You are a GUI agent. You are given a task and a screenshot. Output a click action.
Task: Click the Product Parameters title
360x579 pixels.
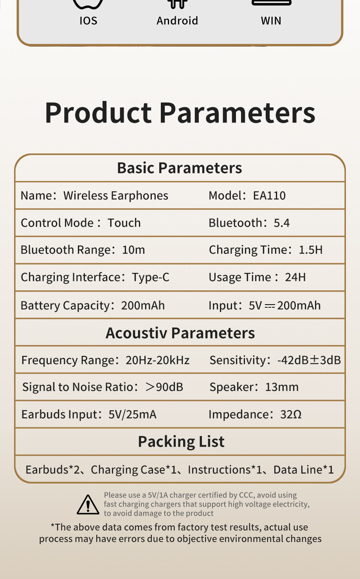point(180,113)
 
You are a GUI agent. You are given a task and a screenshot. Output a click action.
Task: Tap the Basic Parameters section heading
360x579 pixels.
point(180,168)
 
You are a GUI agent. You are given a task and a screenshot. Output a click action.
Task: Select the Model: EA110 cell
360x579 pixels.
point(247,195)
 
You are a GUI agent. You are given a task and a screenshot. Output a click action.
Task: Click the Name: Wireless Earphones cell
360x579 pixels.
point(94,195)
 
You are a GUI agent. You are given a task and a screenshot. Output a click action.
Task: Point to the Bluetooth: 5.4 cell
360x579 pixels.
point(249,223)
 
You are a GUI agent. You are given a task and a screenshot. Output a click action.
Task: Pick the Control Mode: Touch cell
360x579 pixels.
point(81,223)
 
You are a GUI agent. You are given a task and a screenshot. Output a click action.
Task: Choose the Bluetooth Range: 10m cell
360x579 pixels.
point(83,250)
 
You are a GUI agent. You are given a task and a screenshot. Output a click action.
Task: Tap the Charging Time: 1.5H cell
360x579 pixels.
point(266,250)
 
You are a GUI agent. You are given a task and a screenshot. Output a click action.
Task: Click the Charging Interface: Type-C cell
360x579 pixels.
point(95,277)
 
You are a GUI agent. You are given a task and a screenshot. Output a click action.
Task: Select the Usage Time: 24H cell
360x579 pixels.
point(257,277)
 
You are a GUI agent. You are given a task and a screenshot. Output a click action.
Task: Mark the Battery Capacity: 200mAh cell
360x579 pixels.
point(93,305)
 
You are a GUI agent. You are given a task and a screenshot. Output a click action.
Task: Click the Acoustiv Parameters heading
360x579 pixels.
point(180,333)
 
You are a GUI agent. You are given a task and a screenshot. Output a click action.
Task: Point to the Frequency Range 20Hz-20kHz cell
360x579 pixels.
point(105,360)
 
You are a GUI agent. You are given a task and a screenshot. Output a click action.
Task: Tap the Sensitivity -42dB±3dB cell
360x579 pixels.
point(275,360)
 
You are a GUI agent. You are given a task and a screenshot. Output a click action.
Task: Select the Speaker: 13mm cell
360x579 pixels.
point(254,387)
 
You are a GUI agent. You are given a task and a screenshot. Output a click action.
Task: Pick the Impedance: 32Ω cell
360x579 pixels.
point(255,414)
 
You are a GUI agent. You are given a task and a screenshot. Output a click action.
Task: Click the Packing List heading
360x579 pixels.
point(181,442)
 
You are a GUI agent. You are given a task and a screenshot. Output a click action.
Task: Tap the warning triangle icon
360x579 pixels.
point(88,504)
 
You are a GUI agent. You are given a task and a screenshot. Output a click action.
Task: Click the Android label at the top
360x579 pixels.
point(177,20)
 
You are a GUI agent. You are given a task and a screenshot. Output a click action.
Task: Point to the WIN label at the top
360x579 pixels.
point(271,20)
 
